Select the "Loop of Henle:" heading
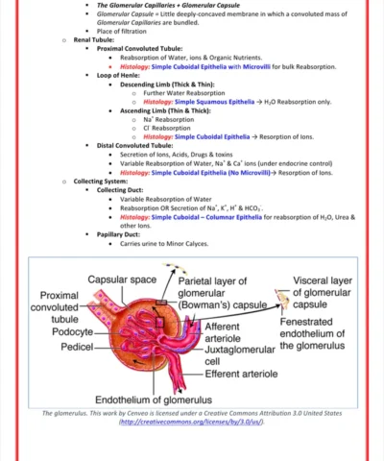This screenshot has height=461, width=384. coord(118,74)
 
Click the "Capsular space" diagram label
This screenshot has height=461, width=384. coord(122,279)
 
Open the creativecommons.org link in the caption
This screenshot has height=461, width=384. coord(191,422)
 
